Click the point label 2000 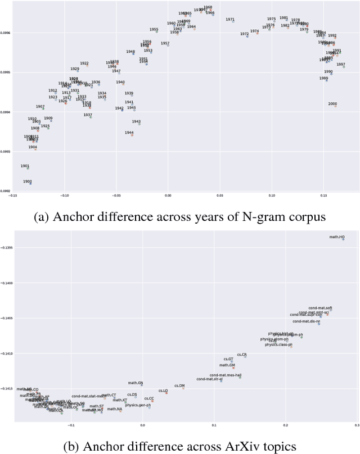coord(332,104)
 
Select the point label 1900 coord(28,181)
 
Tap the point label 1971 coord(230,20)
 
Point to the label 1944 coord(129,133)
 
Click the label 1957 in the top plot coord(165,43)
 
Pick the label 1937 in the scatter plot coord(88,115)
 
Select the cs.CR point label coord(242,355)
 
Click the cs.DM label coord(179,385)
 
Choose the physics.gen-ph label coord(138,405)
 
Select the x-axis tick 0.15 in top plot coord(323,196)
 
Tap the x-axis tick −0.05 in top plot coord(116,196)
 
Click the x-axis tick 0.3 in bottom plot coord(357,425)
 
